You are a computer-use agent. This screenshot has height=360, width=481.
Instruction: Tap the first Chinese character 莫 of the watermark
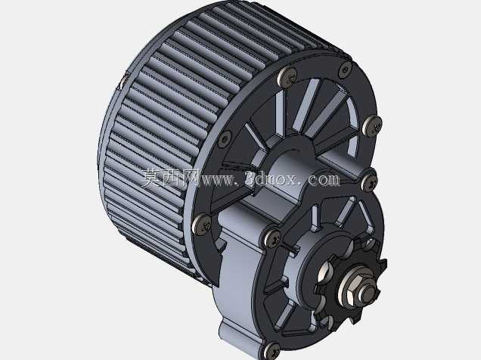click(152, 178)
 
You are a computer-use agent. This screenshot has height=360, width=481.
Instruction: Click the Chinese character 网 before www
click(190, 178)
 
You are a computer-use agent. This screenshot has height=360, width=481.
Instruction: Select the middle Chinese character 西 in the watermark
click(171, 178)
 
